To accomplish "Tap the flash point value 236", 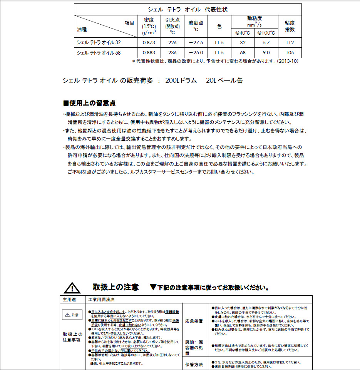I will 172,53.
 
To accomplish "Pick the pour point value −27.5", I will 196,42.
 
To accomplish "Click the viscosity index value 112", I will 290,42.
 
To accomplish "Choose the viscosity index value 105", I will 290,53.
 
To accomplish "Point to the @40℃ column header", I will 243,33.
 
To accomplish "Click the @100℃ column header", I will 266,33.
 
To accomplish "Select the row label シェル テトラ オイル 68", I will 99,53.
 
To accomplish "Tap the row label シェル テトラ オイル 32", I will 99,42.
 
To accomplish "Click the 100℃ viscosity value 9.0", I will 266,53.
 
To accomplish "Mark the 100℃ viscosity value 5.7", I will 266,42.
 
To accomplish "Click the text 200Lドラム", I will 181,80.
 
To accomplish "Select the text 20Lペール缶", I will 224,80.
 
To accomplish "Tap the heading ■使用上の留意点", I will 89,103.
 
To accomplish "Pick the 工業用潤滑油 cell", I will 102,299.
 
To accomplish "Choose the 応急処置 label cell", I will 194,321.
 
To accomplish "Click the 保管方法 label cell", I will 194,364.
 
